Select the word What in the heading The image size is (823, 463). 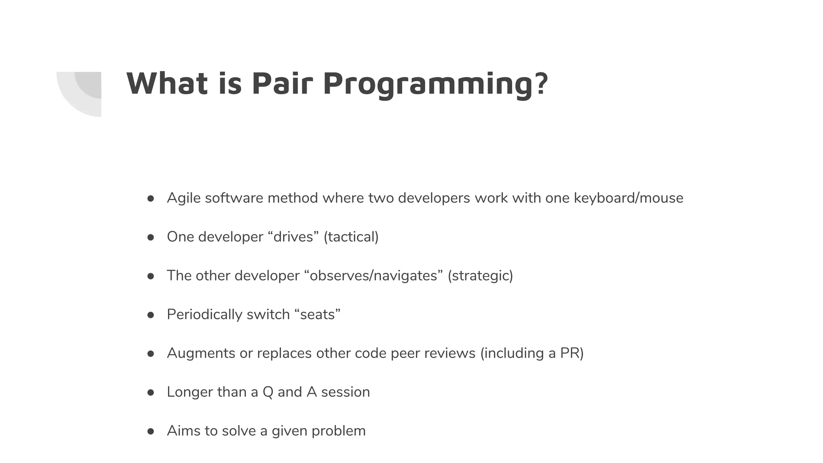click(x=167, y=84)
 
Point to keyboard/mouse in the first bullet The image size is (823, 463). click(x=629, y=198)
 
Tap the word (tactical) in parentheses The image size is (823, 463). click(x=351, y=237)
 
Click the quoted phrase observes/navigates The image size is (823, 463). click(x=373, y=276)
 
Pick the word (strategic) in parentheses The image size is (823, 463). click(x=480, y=276)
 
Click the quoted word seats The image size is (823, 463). click(x=317, y=314)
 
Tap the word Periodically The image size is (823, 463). click(x=205, y=314)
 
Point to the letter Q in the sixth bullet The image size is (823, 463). click(x=268, y=392)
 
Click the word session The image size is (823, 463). click(x=345, y=392)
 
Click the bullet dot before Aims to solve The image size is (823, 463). click(x=151, y=431)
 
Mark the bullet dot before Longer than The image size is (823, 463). click(x=151, y=392)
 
